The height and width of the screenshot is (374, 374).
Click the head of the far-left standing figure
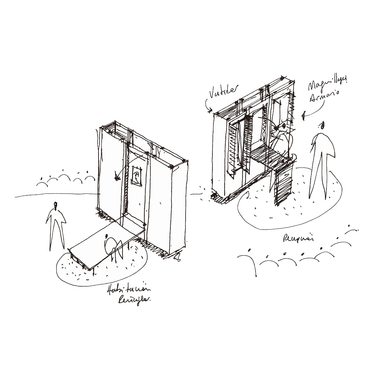point(56,206)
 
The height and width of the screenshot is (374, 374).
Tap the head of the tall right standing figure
point(322,125)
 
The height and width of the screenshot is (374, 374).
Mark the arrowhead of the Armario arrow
point(303,117)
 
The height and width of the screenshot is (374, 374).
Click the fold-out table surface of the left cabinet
point(103,241)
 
